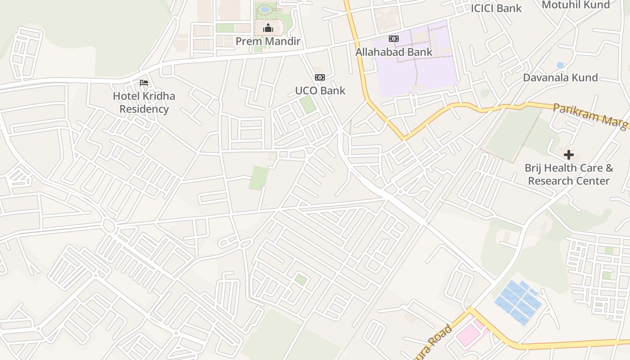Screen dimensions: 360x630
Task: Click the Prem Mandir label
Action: click(x=268, y=41)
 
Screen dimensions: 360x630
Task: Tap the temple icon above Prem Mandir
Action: click(x=268, y=29)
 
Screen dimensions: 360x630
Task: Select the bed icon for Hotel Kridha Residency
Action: click(x=144, y=83)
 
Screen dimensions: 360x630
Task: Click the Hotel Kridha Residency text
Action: click(x=144, y=103)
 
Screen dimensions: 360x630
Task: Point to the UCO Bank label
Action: click(x=320, y=90)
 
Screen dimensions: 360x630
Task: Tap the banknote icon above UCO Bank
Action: click(x=320, y=77)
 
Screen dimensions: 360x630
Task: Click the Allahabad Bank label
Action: click(x=394, y=52)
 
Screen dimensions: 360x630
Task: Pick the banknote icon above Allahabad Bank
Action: click(x=394, y=39)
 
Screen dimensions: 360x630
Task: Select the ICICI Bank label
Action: click(x=496, y=8)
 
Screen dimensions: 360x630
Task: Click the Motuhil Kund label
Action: click(x=576, y=5)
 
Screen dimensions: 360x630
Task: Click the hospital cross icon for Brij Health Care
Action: click(x=569, y=155)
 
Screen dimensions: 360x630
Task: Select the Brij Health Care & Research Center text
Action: click(x=569, y=175)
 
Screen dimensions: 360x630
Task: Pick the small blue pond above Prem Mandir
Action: click(x=265, y=9)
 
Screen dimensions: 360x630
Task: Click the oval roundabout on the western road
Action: click(x=108, y=225)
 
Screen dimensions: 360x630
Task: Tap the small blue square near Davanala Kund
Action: click(x=560, y=65)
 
